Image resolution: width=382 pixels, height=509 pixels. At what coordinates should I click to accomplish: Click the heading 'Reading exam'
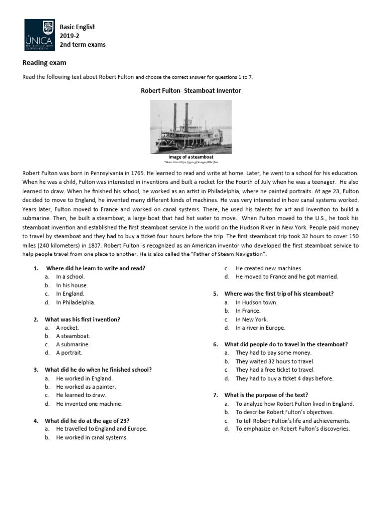(44, 63)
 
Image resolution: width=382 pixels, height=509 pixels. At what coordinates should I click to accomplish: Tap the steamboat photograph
(191, 127)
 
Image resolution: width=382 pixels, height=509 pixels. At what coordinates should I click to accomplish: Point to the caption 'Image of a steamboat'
(191, 157)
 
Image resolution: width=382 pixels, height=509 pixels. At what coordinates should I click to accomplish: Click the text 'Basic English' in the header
(78, 27)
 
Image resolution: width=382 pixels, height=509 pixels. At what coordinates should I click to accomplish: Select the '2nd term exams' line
(83, 45)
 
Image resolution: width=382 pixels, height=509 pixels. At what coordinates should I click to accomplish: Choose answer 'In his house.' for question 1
(72, 285)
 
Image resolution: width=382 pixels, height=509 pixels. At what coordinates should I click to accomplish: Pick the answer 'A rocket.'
(67, 328)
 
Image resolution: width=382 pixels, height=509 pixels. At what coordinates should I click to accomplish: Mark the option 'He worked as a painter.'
(86, 387)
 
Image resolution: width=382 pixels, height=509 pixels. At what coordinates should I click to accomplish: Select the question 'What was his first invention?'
(83, 319)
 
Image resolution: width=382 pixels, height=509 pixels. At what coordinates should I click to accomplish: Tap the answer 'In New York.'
(251, 319)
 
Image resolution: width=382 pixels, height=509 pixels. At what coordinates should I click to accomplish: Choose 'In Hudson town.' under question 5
(256, 302)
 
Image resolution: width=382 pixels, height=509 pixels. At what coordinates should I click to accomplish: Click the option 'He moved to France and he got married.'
(286, 277)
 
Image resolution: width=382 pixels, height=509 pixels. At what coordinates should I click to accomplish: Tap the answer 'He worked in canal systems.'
(92, 438)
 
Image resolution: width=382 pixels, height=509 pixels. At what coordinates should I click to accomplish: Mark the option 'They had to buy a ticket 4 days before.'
(285, 378)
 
